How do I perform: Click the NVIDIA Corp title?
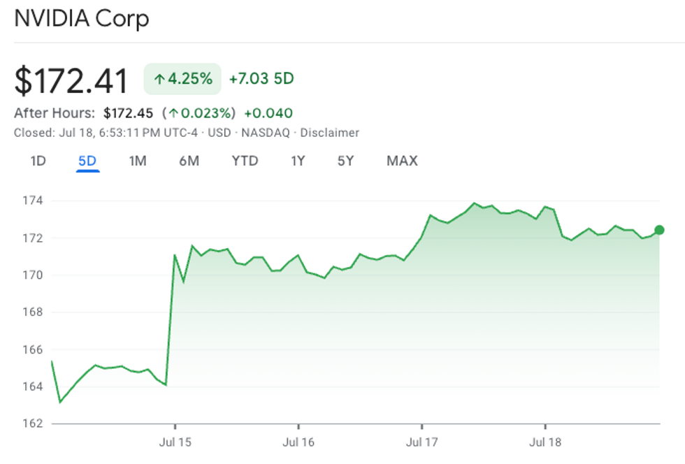click(81, 18)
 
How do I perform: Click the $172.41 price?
click(71, 80)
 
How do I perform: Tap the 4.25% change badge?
click(182, 79)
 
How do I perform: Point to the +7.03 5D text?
click(261, 79)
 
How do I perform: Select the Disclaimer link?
click(329, 133)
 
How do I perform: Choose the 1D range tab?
click(38, 161)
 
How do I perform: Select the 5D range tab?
click(87, 161)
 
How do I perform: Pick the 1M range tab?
click(138, 161)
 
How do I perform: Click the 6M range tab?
click(189, 161)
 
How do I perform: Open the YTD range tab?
click(245, 161)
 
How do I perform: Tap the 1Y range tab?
click(298, 161)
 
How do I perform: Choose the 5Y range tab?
click(345, 161)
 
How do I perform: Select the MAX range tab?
click(402, 161)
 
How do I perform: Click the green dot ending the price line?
click(659, 230)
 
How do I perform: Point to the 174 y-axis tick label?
click(32, 201)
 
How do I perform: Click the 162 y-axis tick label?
click(32, 423)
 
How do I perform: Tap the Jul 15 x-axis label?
click(175, 442)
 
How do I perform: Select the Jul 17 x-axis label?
click(422, 442)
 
